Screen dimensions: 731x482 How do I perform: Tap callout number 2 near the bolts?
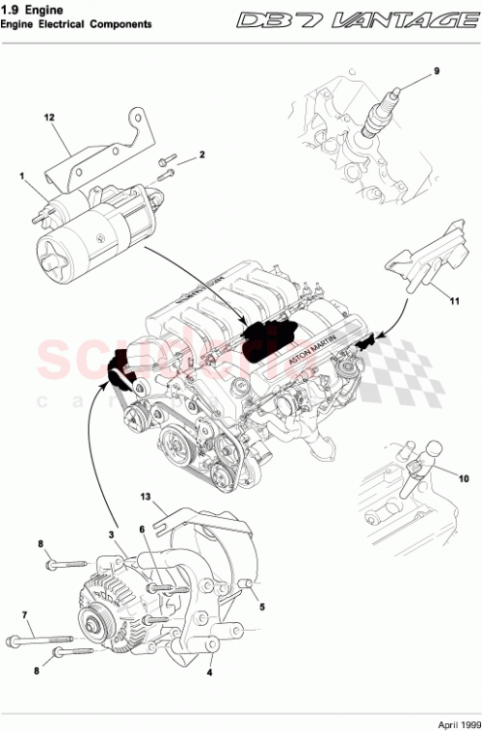coord(202,154)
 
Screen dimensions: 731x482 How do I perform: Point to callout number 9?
coord(436,71)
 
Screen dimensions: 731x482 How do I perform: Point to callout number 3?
coord(111,534)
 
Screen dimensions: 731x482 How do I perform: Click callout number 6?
coord(141,529)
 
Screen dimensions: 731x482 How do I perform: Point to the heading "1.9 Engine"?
coord(30,9)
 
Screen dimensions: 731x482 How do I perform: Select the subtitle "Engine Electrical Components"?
coord(77,23)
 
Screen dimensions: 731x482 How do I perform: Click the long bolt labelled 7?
coord(43,638)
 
